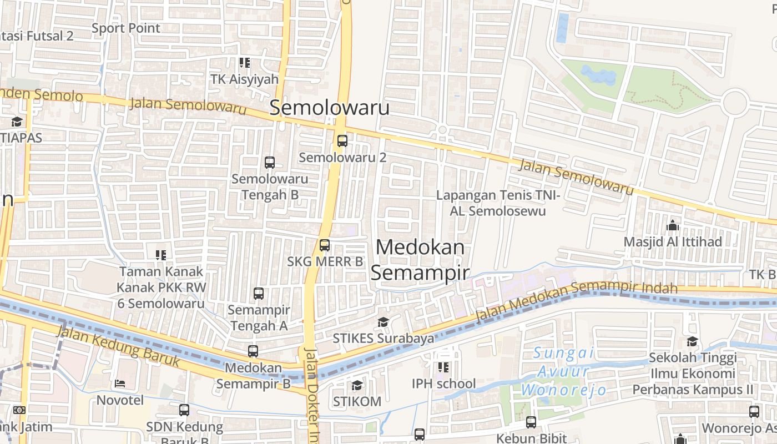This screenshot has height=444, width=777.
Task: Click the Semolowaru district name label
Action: click(330, 108)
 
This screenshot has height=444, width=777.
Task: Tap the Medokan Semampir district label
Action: click(420, 260)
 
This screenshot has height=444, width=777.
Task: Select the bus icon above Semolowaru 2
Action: click(342, 141)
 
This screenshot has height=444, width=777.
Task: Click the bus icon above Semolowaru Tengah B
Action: click(270, 163)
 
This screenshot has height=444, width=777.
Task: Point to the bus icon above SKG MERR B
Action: click(325, 245)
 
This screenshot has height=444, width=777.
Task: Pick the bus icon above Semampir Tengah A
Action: click(259, 294)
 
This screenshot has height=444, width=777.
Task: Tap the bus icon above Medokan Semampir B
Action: click(253, 351)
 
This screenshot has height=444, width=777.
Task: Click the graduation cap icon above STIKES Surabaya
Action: click(383, 322)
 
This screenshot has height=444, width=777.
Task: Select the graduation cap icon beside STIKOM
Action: click(357, 385)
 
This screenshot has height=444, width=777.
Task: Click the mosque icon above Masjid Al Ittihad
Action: click(673, 225)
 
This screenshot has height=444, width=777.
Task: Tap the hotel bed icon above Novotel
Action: click(120, 384)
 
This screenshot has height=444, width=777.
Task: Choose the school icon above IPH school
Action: click(443, 367)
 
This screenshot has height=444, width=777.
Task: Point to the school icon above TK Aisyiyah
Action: click(244, 63)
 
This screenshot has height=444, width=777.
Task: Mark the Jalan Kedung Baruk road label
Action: click(118, 346)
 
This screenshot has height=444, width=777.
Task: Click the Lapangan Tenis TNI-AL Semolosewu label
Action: click(498, 203)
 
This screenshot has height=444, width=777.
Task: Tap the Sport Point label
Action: click(126, 28)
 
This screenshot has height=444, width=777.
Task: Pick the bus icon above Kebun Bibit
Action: click(531, 422)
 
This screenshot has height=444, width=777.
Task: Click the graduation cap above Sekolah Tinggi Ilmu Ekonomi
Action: click(692, 341)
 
